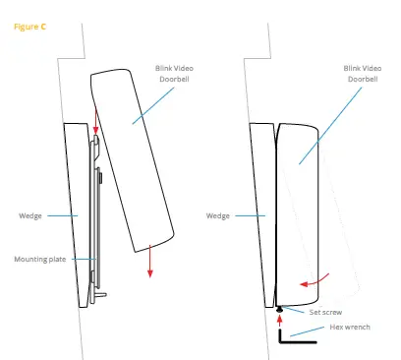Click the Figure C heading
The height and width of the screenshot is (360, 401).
click(29, 27)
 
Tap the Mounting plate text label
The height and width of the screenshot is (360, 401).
click(38, 259)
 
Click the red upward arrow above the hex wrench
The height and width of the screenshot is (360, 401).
click(279, 320)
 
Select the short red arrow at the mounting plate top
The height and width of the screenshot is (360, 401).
click(94, 131)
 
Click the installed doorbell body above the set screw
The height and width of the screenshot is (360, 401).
click(305, 197)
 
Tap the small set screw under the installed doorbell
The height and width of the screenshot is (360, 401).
click(279, 307)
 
